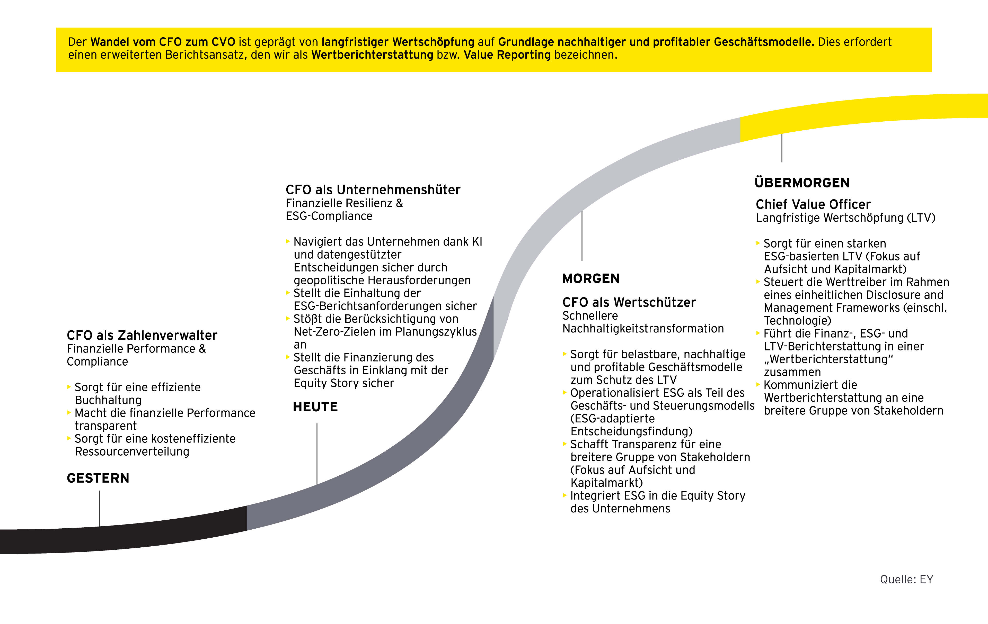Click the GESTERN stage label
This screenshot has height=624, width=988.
click(x=98, y=478)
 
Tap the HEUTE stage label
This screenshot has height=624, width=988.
click(x=315, y=407)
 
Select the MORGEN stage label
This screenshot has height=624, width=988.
click(x=591, y=279)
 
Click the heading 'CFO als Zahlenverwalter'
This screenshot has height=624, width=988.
click(x=142, y=335)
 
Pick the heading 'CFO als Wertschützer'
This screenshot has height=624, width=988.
click(x=629, y=303)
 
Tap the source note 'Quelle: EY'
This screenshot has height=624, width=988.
click(x=906, y=579)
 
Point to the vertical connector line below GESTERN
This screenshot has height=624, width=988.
click(x=99, y=508)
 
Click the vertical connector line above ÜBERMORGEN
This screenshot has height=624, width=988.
click(x=782, y=148)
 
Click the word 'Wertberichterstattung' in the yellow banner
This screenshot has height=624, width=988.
click(x=372, y=55)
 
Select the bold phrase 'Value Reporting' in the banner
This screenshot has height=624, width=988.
click(x=507, y=55)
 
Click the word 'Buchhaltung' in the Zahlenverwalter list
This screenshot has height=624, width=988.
click(x=108, y=400)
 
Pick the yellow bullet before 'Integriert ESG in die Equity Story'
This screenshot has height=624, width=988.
click(x=564, y=495)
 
